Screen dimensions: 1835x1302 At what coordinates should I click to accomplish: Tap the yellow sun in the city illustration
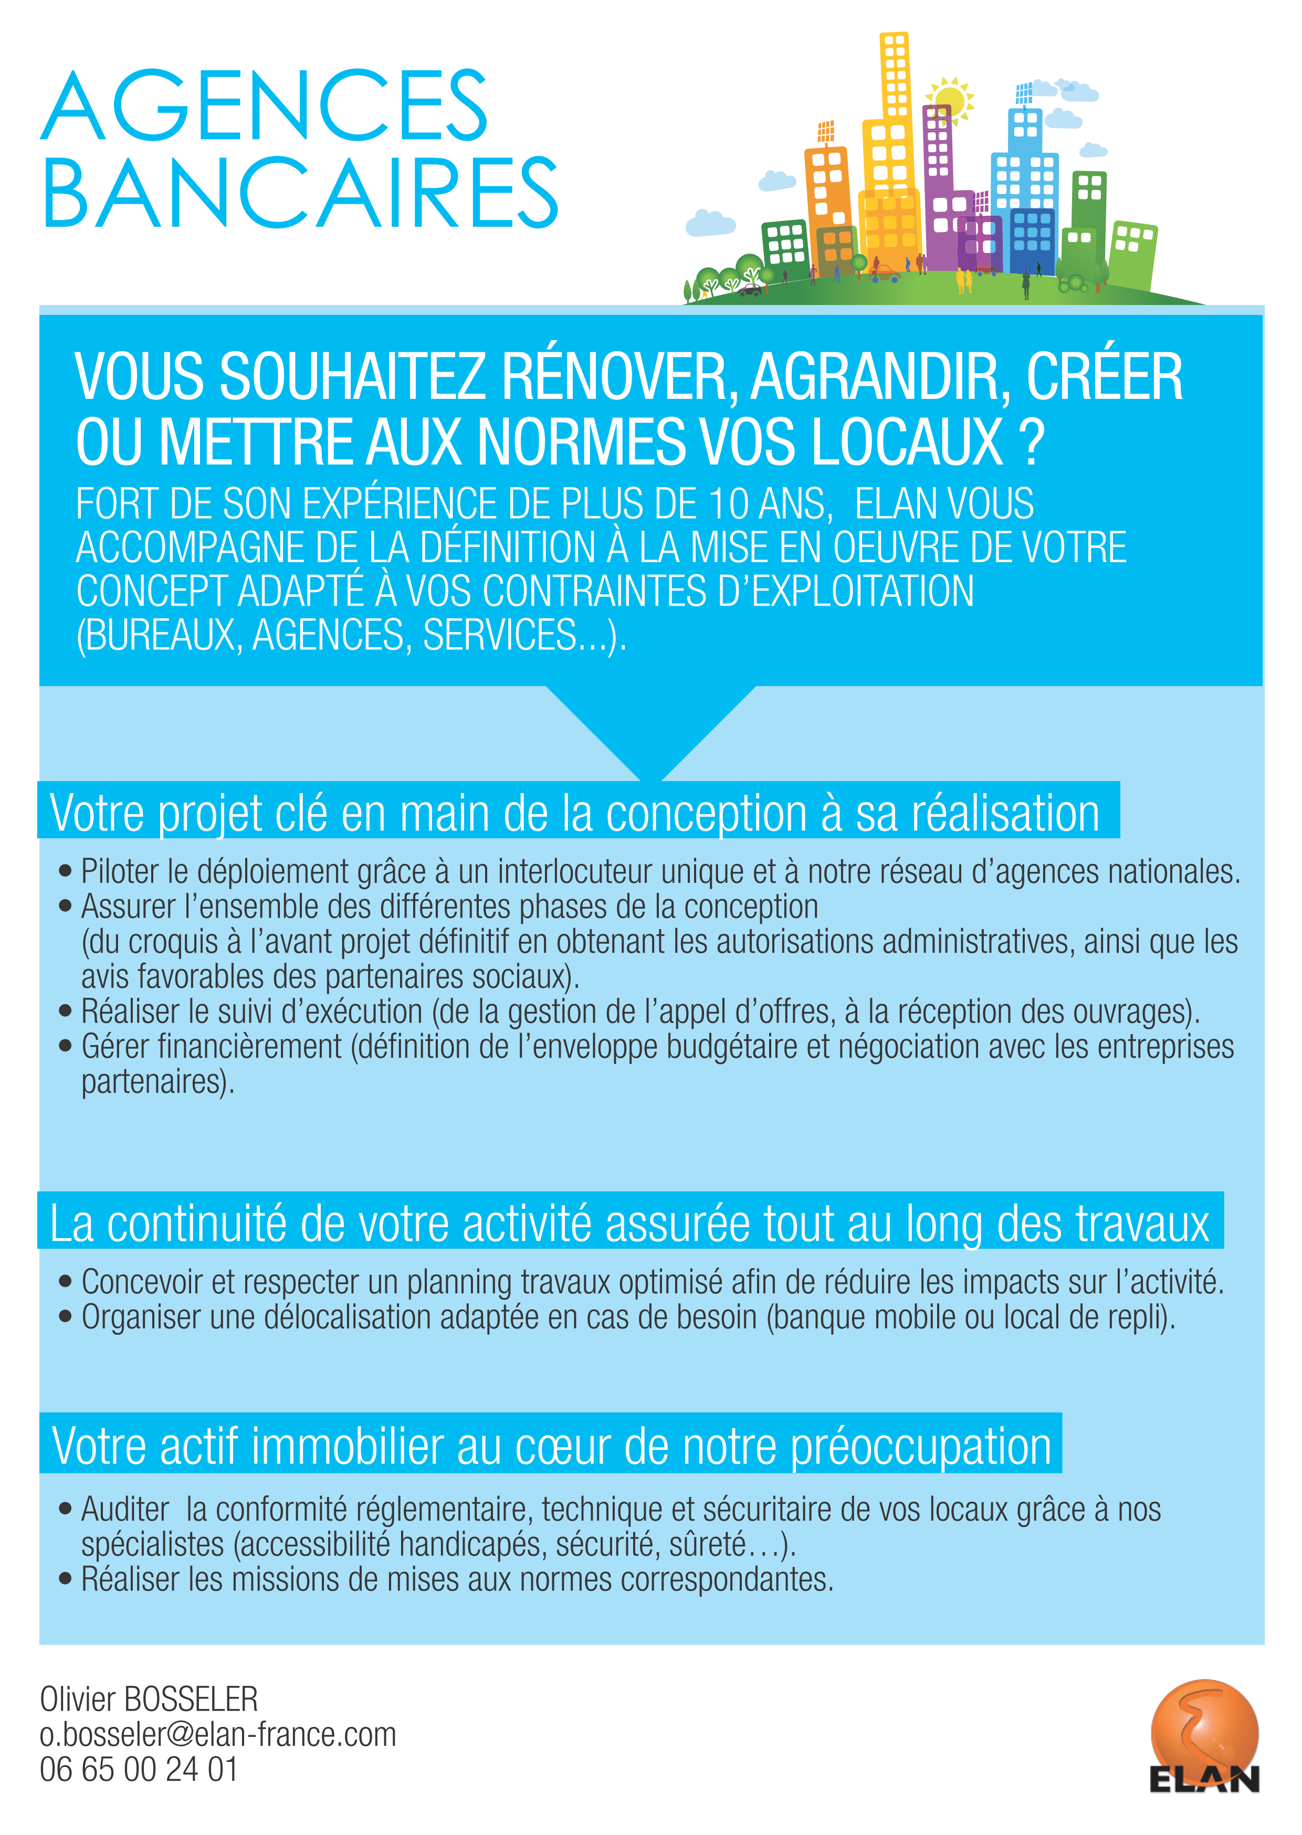click(x=950, y=100)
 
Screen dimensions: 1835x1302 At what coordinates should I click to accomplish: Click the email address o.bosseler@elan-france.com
click(x=218, y=1734)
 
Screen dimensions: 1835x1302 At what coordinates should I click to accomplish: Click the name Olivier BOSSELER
click(x=149, y=1699)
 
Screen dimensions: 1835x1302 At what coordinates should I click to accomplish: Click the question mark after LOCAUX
click(x=1033, y=442)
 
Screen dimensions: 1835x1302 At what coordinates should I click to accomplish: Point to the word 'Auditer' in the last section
click(x=125, y=1510)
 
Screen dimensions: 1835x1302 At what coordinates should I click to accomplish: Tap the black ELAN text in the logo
click(x=1204, y=1780)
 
